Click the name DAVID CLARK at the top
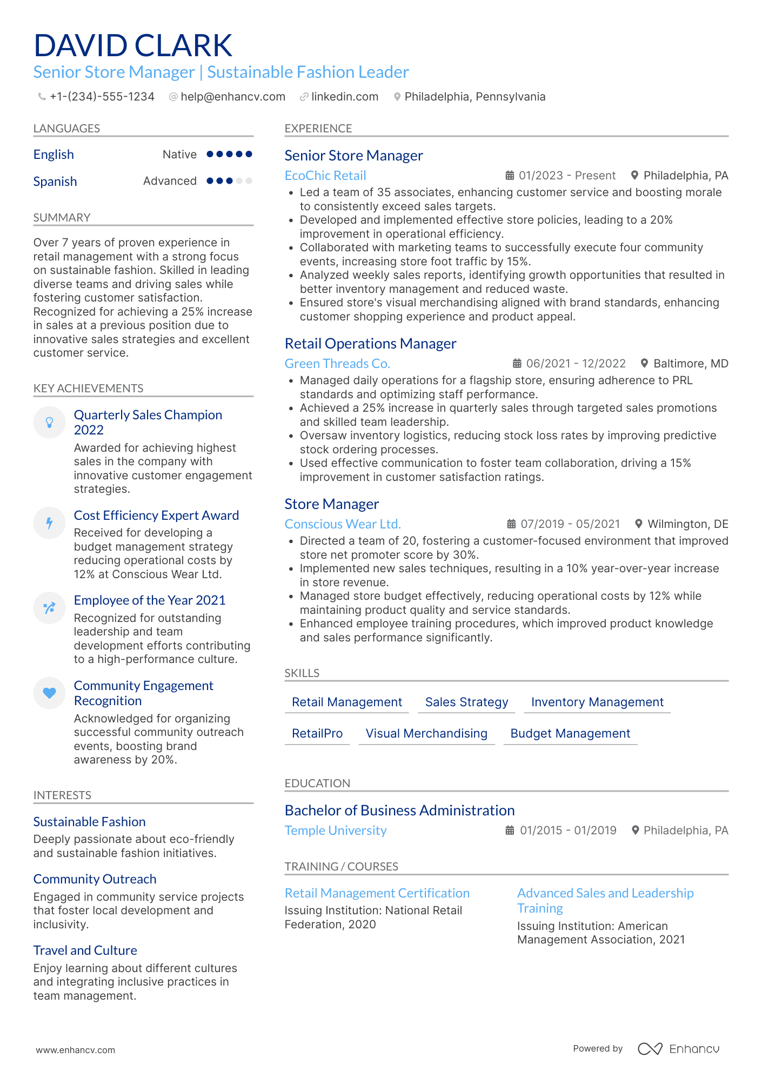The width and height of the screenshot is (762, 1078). point(133,45)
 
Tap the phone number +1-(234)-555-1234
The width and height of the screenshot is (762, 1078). point(102,97)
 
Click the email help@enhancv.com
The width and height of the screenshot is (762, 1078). point(232,97)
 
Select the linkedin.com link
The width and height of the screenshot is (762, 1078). point(344,97)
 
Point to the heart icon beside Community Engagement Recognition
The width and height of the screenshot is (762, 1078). point(49,693)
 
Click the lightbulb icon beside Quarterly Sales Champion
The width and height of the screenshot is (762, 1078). point(49,422)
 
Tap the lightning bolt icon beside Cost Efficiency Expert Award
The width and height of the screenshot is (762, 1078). point(49,523)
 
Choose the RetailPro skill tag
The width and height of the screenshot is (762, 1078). point(317,733)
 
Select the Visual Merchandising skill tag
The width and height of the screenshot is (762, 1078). point(426,733)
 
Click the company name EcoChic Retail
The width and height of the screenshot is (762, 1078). point(325,176)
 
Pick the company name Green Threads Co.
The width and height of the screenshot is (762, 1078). point(337,364)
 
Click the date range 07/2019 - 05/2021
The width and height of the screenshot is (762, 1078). point(570,524)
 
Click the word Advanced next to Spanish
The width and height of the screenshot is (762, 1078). point(170,181)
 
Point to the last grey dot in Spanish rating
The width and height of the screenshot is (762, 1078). point(249,181)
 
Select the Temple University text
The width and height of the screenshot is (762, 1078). point(336,831)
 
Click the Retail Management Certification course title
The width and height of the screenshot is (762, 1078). point(377,893)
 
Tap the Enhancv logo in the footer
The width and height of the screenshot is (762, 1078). point(678,1049)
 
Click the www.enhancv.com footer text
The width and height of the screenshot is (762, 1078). point(75,1050)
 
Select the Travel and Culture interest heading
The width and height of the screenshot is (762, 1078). point(85,950)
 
